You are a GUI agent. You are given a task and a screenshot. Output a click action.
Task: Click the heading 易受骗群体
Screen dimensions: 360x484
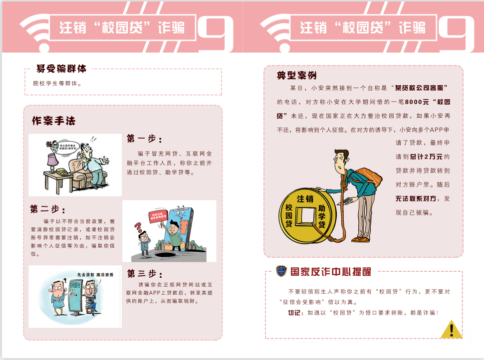[x=61, y=69]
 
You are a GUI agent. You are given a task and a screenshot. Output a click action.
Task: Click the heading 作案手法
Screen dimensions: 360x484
[x=54, y=121]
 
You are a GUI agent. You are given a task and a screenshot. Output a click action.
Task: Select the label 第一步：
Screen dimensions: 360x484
[x=144, y=138]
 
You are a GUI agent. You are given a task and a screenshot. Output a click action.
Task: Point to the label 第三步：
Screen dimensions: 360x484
[x=144, y=273]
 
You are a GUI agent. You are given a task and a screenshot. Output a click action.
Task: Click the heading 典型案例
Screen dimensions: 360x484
[x=297, y=76]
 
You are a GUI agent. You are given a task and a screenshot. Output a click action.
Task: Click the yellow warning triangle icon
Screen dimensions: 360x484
[x=452, y=330]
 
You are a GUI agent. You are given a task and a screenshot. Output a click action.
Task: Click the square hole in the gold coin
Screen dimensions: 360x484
[x=304, y=216]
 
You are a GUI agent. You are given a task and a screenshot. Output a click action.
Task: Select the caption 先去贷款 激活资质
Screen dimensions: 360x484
[x=95, y=275]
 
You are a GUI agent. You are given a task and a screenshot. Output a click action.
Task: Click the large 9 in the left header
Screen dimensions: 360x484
[x=216, y=34]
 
